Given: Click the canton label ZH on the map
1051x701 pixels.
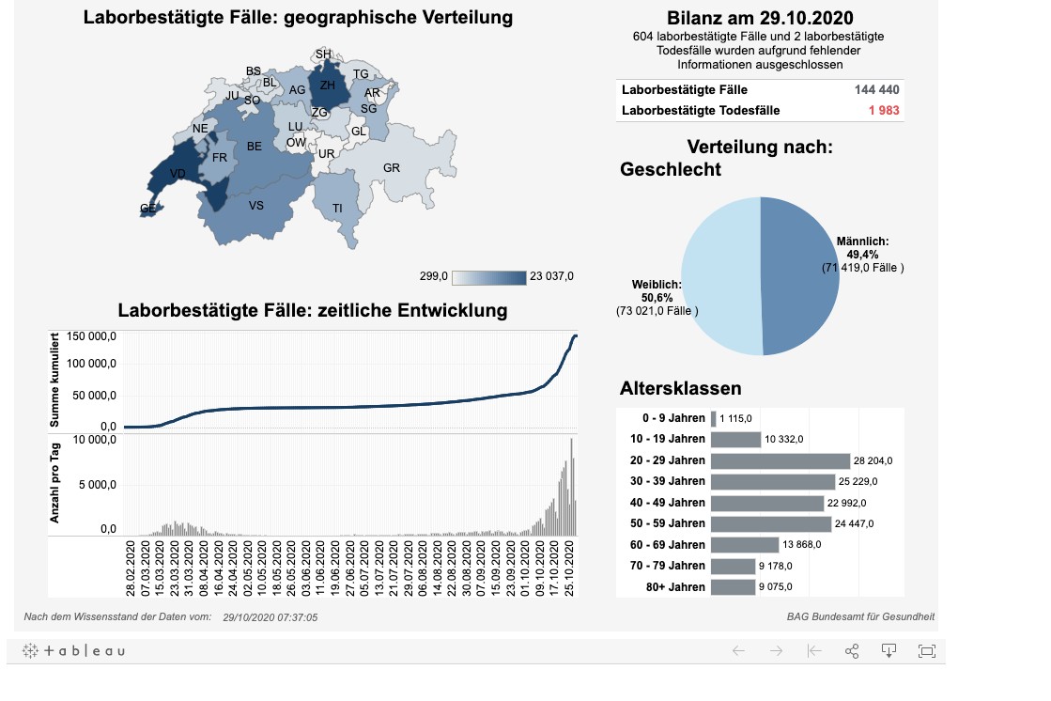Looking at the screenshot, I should (328, 86).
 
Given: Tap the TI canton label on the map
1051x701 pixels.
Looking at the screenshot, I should (338, 208).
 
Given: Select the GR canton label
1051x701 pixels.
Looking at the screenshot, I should (392, 168).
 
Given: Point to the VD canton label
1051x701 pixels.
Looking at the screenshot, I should (178, 174).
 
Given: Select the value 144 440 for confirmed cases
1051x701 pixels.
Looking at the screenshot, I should (877, 90).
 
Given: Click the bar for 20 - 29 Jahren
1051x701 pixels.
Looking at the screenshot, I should (780, 460).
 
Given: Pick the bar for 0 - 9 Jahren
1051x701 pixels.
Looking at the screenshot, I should (714, 419).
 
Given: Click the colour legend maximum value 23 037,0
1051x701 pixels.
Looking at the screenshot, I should (551, 276).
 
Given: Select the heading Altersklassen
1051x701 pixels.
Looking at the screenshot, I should (681, 388).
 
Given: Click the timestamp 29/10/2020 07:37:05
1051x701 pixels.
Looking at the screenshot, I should (270, 617).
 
